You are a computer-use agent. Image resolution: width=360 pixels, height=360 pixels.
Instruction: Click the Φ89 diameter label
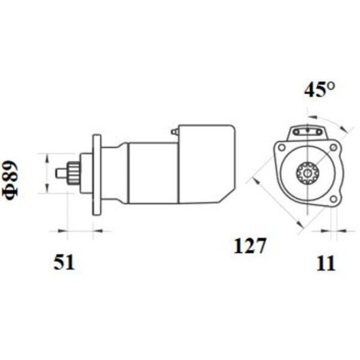point(10,181)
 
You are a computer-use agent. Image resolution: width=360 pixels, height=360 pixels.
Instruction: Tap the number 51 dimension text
point(64,262)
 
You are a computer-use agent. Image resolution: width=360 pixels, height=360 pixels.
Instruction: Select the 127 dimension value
point(250,245)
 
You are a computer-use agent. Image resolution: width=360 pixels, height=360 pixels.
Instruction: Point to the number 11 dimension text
point(326,263)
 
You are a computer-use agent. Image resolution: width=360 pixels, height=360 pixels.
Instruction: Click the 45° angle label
point(319,90)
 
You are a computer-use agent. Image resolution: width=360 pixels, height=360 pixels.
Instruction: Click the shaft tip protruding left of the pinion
point(61,173)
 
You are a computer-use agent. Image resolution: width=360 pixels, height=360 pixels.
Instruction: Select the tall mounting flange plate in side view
point(97,175)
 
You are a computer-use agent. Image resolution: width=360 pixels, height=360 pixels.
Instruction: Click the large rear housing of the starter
point(207,164)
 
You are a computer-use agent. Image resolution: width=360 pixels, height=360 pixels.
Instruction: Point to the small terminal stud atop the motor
point(174,132)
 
